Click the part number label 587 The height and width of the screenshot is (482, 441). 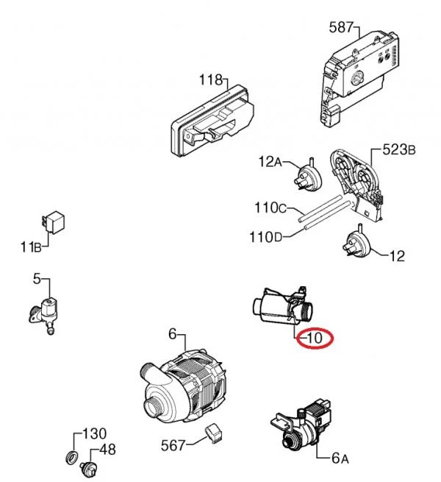pos(341,29)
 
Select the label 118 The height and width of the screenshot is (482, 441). pos(213,79)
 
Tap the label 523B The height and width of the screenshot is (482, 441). pos(399,150)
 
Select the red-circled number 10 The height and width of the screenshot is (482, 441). pos(315,339)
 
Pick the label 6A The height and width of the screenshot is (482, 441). pos(339,458)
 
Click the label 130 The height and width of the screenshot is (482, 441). pos(93,433)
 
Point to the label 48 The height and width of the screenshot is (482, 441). pos(107,450)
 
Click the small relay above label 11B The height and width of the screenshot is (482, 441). pos(54,220)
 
